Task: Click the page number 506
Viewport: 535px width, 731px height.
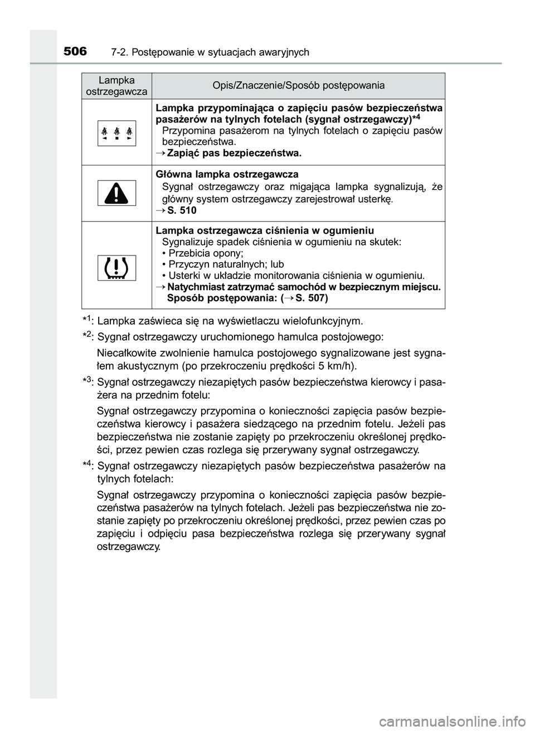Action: tap(75, 52)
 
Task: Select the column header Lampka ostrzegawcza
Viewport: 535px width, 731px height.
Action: tap(116, 86)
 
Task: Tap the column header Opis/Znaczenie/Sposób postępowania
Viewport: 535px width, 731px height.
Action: tap(298, 86)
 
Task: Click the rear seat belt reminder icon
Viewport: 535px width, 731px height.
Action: tap(116, 133)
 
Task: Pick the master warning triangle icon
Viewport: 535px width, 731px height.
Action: tap(116, 193)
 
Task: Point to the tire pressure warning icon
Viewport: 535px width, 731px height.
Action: tap(116, 268)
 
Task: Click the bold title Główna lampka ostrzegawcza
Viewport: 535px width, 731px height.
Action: tap(227, 174)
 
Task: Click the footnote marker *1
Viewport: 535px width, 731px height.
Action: tap(87, 320)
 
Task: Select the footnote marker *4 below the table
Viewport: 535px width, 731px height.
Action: tap(87, 465)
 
